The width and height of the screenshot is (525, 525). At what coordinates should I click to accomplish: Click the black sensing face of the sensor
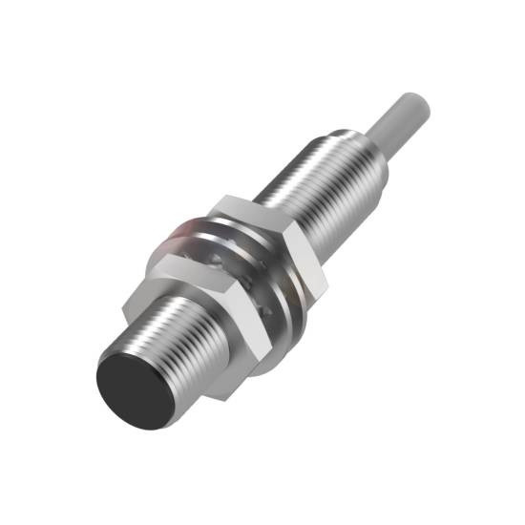(134, 383)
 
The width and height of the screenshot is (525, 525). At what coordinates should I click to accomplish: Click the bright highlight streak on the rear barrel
(315, 172)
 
